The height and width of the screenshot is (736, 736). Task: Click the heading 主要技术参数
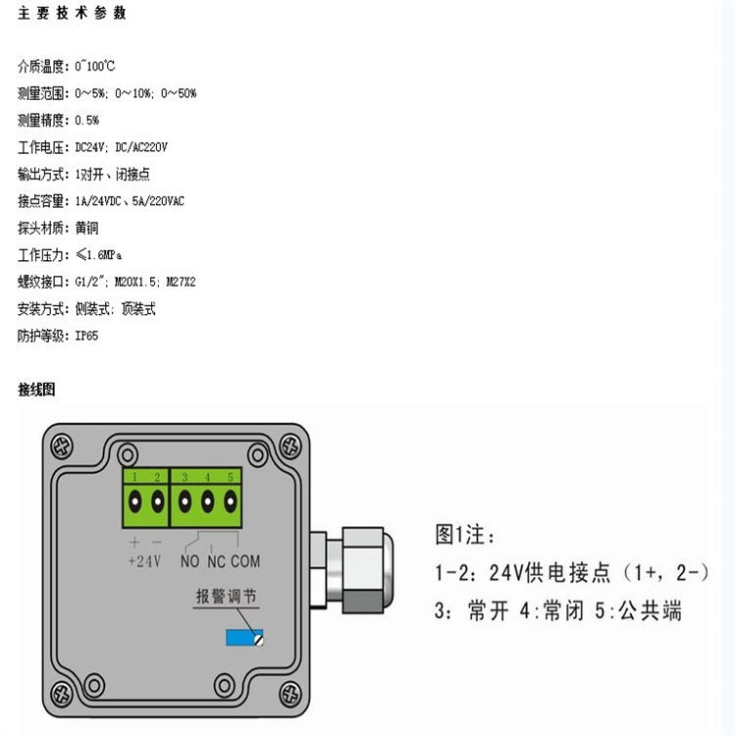point(73,13)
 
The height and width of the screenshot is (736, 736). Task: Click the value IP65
point(86,336)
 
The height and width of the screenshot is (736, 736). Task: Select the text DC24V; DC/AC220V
point(121,147)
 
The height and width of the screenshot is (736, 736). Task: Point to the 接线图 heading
point(36,390)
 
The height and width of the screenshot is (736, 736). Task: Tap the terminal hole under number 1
point(135,501)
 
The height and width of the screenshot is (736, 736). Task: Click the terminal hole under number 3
point(184,501)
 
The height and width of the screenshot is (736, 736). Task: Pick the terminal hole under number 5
point(231,501)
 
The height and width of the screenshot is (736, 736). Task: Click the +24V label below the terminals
point(144,561)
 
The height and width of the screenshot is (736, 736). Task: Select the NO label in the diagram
point(190,561)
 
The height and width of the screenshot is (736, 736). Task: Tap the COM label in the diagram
point(245,561)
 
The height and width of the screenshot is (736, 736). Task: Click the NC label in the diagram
point(217,561)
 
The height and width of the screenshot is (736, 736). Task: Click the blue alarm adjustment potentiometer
point(244,638)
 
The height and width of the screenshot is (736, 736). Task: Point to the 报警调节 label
point(227,596)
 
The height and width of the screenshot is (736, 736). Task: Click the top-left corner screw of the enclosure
point(62,446)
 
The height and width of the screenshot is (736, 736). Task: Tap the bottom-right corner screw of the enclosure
point(290,695)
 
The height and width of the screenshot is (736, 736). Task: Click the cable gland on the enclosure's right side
point(351,570)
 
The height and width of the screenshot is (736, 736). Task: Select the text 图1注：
point(465,534)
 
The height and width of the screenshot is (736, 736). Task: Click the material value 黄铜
point(86,228)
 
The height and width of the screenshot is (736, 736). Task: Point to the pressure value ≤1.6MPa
point(98,255)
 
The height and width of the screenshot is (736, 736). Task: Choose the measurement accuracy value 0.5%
point(86,121)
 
